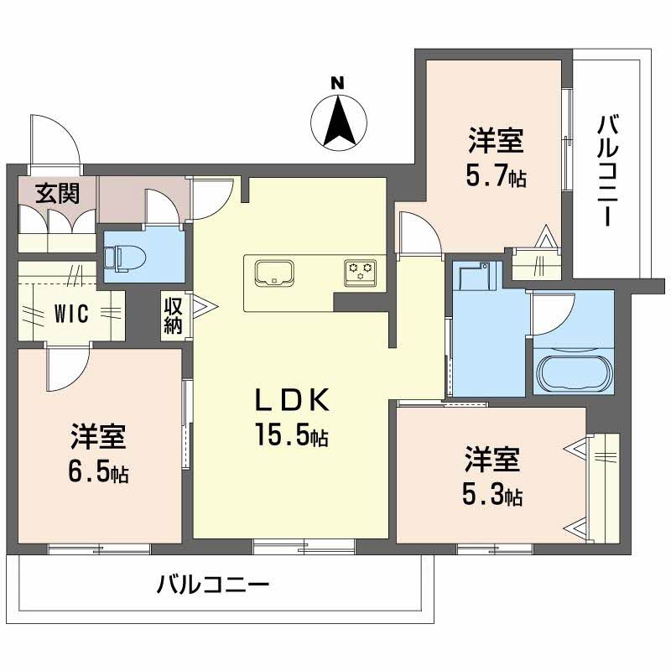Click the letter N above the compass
click(338, 82)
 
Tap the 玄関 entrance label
click(57, 193)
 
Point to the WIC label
click(71, 314)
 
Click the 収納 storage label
click(173, 316)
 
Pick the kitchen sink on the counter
click(274, 273)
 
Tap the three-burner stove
click(361, 272)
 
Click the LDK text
click(293, 400)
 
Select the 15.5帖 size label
click(292, 434)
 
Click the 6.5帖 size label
click(98, 471)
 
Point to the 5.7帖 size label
click(496, 175)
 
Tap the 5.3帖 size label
click(492, 494)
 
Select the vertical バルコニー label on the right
click(609, 170)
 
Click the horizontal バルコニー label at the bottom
click(213, 584)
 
